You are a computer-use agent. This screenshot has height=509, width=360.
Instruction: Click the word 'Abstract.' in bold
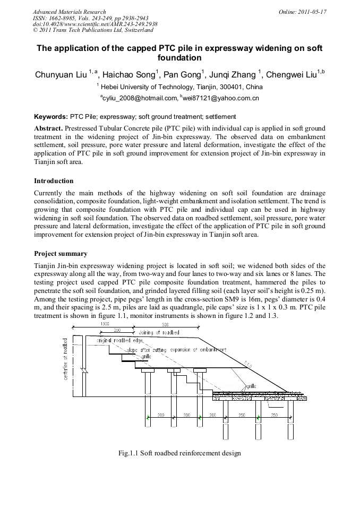tap(48, 129)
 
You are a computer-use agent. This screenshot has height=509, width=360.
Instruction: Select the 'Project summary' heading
tap(61, 254)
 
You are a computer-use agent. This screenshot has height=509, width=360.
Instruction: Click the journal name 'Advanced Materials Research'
tap(69, 11)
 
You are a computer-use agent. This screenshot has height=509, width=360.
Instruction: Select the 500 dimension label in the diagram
tap(165, 323)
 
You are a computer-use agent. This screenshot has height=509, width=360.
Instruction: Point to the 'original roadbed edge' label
tap(119, 340)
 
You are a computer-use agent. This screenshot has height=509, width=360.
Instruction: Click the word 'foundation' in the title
tap(180, 57)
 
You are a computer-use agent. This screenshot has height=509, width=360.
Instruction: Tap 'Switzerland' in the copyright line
tap(136, 30)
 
